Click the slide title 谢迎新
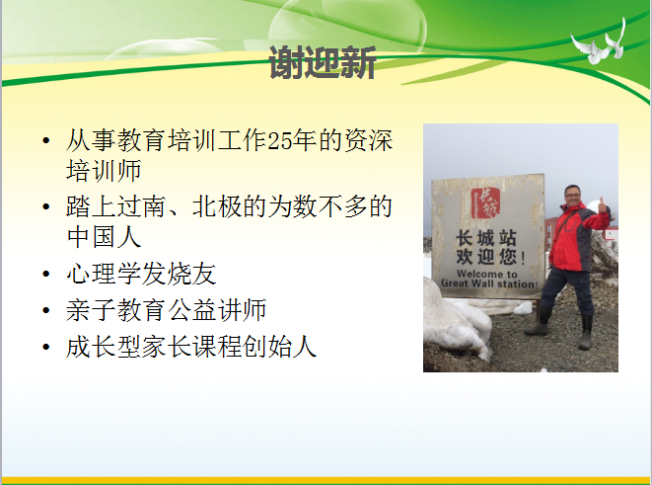click(323, 63)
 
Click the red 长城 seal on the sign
click(485, 203)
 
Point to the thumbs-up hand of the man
click(602, 205)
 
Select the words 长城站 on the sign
click(486, 239)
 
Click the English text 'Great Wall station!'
click(489, 283)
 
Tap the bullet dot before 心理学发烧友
click(46, 275)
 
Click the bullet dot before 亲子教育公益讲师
click(46, 311)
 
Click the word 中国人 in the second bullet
click(104, 237)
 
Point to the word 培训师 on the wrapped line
click(104, 170)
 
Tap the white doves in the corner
click(599, 42)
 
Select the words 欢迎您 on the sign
click(486, 257)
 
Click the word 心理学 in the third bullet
click(104, 274)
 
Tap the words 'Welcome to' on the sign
click(487, 274)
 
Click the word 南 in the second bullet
click(154, 206)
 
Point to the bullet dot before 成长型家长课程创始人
click(46, 347)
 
